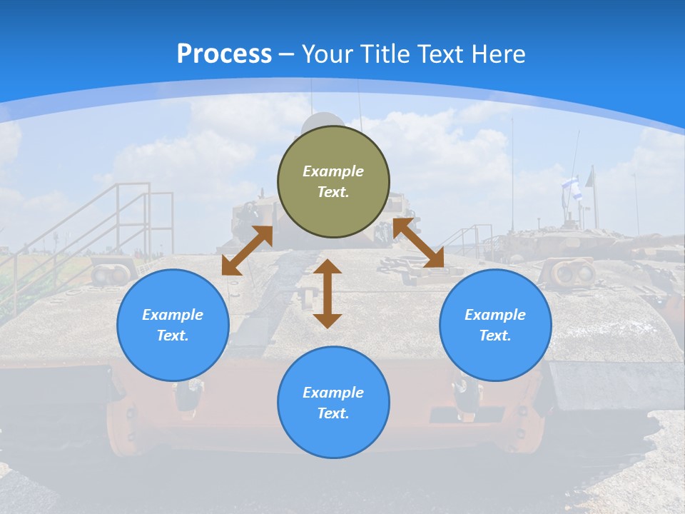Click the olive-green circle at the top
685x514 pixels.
(x=333, y=182)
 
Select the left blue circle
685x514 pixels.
(x=173, y=325)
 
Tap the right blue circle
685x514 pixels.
(x=495, y=325)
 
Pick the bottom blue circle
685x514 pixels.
(x=333, y=403)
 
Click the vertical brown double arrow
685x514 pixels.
(x=328, y=293)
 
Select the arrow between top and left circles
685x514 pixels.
(x=247, y=251)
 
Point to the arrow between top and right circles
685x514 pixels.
(x=418, y=243)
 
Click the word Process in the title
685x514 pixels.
(x=224, y=54)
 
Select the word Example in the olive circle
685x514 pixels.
(x=333, y=171)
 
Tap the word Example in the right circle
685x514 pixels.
(x=495, y=315)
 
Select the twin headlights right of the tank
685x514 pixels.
(x=574, y=273)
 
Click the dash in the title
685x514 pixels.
(x=287, y=54)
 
